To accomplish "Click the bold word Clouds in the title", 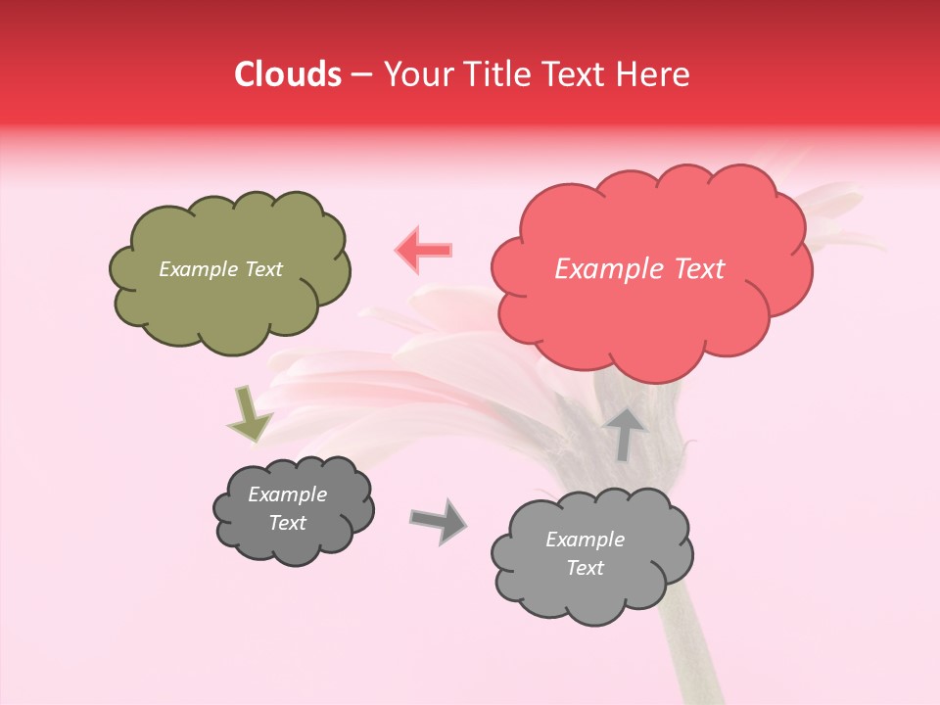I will coord(288,74).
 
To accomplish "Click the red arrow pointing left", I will coord(423,250).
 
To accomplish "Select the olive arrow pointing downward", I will coord(250,414).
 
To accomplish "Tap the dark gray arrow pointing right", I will coord(438,520).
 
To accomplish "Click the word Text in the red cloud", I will coord(698,269).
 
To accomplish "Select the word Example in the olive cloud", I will coord(199,269).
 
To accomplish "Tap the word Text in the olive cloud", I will coord(262,269).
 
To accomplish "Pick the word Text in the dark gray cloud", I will coord(288,523).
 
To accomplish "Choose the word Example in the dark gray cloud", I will coord(288,494).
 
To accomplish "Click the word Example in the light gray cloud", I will coord(585,540).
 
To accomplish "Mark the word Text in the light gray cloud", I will coord(585,568).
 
